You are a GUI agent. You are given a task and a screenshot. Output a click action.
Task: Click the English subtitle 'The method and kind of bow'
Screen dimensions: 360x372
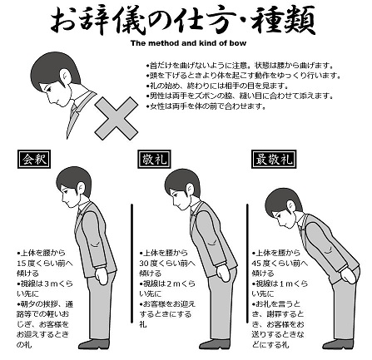pyautogui.click(x=184, y=42)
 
